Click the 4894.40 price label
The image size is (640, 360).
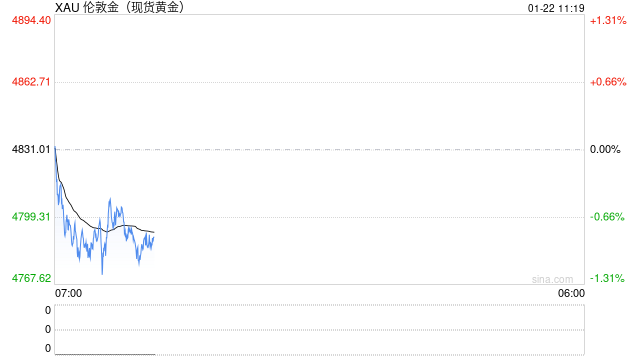[x=32, y=20]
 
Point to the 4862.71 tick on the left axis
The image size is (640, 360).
[x=32, y=82]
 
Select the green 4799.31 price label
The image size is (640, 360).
[x=32, y=217]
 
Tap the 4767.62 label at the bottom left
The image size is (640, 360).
[x=32, y=278]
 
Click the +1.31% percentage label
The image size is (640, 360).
[x=607, y=20]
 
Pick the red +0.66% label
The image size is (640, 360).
[x=607, y=82]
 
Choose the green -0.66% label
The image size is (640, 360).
[x=607, y=217]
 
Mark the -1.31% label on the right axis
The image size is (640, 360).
[x=607, y=278]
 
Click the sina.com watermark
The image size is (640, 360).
[x=552, y=279]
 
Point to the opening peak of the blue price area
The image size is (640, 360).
[x=55, y=147]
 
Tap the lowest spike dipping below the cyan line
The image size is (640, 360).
[x=102, y=272]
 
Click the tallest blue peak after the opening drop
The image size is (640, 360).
[x=110, y=199]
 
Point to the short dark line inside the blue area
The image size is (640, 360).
[x=118, y=228]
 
